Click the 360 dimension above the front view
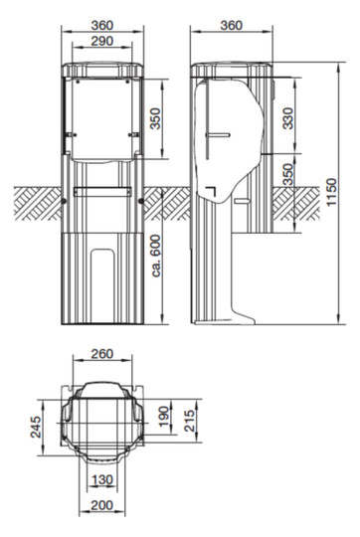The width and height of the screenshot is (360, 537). click(102, 25)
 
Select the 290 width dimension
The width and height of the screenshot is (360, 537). click(102, 41)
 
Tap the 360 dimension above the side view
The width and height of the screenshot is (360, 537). click(231, 25)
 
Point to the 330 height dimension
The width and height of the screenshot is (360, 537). click(288, 118)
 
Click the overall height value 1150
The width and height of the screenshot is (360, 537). click(331, 192)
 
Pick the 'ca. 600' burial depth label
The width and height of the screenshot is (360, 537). click(156, 256)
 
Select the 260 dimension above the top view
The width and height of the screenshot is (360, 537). click(102, 354)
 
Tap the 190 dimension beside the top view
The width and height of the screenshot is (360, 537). click(165, 416)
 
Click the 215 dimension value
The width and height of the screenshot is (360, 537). click(189, 420)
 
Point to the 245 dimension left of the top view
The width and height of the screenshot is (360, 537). click(36, 427)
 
